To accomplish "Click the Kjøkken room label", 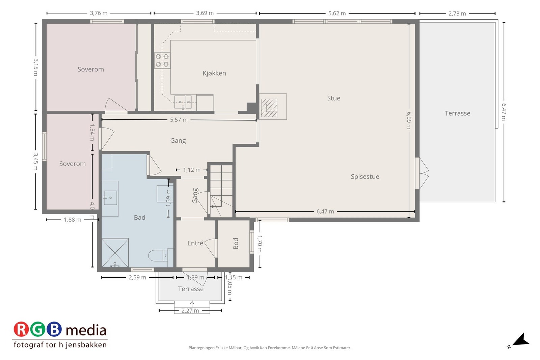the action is tap(214, 73).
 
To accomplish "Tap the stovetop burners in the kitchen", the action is tap(162, 60).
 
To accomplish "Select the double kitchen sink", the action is tap(183, 102).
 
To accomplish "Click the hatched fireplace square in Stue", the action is tap(269, 108).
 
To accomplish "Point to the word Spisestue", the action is tap(365, 177).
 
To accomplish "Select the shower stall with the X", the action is tap(115, 253).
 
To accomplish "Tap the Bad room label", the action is tap(140, 218).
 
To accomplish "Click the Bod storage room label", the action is tap(236, 243).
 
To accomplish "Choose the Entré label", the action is tap(195, 243).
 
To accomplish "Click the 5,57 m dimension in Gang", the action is tap(179, 120).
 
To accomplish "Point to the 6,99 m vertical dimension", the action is tap(409, 120).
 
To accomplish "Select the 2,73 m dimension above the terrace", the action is tap(457, 14).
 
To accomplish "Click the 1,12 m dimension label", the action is tap(192, 170).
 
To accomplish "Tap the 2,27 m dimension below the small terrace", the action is tap(190, 311).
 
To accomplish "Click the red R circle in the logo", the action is tap(21, 329).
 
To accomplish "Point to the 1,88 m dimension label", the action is tap(73, 220).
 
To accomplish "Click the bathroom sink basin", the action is tap(110, 198).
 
